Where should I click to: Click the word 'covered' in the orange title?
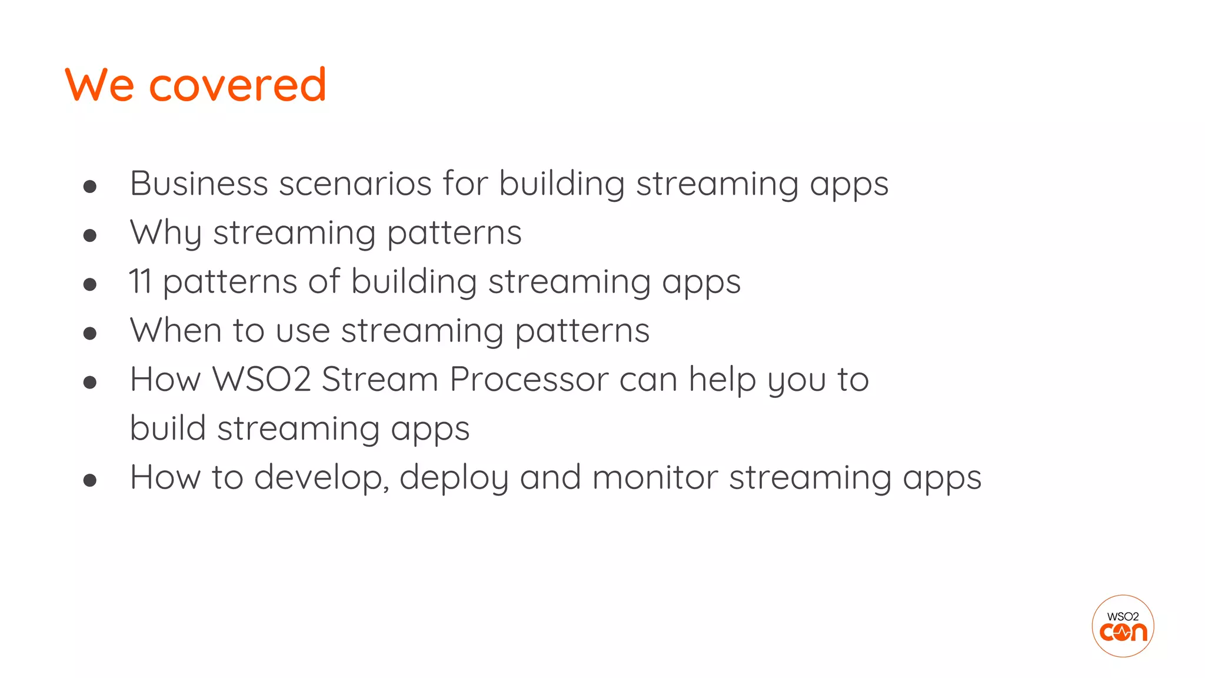click(x=237, y=85)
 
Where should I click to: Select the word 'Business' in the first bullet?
click(x=199, y=184)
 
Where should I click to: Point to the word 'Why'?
click(x=165, y=233)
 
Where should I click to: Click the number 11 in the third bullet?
click(x=140, y=281)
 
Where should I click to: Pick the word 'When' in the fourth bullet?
click(x=175, y=330)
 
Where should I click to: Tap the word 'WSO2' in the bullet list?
click(x=261, y=379)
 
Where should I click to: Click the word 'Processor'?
click(x=529, y=379)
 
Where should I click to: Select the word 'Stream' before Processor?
click(x=380, y=379)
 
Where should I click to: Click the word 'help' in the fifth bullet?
click(x=722, y=379)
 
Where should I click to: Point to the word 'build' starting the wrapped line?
click(x=167, y=428)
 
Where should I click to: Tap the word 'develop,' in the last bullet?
click(x=321, y=477)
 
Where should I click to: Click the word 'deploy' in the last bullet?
click(x=454, y=477)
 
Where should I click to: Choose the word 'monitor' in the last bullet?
click(x=655, y=477)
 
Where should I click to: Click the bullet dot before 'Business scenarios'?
click(x=90, y=187)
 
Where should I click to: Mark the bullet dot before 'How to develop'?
click(x=90, y=480)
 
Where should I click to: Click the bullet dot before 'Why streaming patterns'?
click(x=90, y=236)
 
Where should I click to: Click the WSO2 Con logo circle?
click(x=1123, y=626)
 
